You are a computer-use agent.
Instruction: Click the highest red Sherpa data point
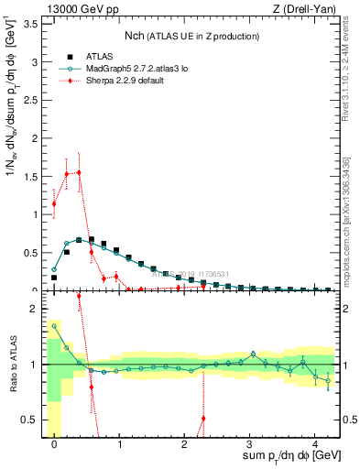79,172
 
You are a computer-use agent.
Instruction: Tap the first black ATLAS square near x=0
54,277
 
